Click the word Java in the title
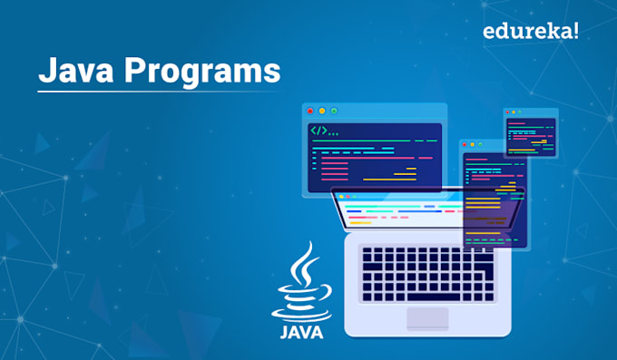(x=71, y=70)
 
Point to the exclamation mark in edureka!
(x=576, y=31)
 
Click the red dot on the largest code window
(x=310, y=111)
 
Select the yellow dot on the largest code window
(x=322, y=111)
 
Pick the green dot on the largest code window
(x=334, y=111)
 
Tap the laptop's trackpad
(x=427, y=318)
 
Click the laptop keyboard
(x=428, y=269)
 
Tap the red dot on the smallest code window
(x=510, y=112)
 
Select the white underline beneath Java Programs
(x=159, y=91)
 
